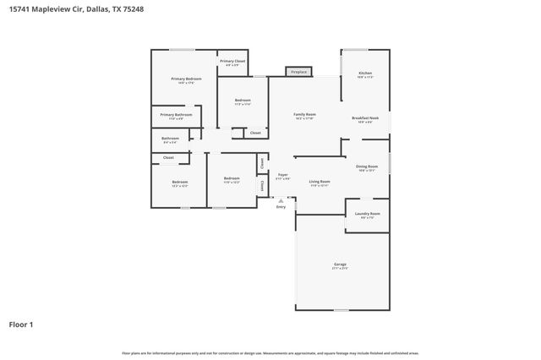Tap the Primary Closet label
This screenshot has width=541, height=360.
(232, 62)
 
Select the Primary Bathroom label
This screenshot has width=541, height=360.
(177, 115)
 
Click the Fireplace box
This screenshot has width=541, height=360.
(298, 73)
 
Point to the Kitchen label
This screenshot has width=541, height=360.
(364, 74)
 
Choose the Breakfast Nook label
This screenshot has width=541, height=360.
(364, 117)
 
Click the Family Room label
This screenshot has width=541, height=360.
(304, 114)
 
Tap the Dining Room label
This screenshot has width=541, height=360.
(366, 166)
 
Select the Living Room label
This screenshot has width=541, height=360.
(319, 182)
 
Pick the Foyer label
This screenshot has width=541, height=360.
(283, 175)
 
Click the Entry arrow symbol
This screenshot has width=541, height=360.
(281, 200)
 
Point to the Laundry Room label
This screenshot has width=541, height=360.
(367, 214)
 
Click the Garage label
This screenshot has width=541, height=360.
(340, 265)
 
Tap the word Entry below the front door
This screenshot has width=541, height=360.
(281, 206)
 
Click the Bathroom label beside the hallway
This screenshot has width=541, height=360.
(170, 138)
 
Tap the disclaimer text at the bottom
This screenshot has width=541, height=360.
(270, 352)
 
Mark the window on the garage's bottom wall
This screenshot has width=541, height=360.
(340, 310)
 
